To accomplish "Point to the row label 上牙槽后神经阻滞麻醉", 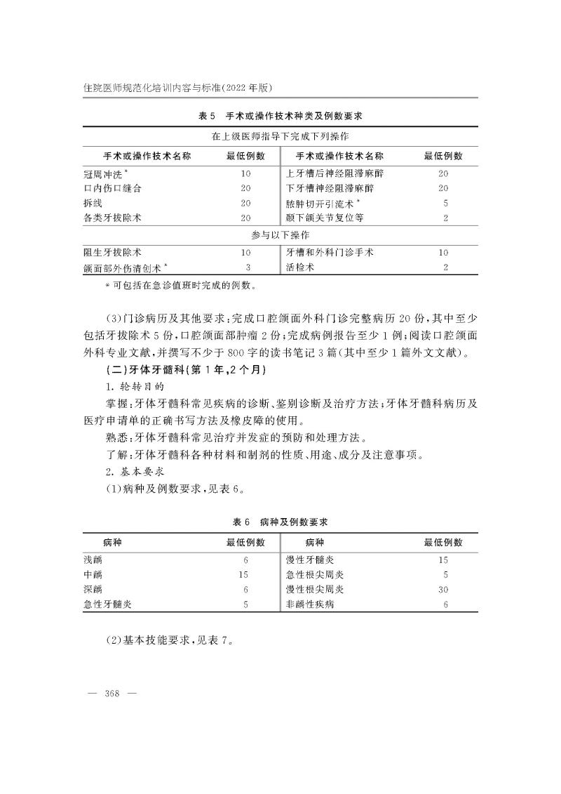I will click(335, 173).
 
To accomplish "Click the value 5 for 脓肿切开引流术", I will click(445, 204).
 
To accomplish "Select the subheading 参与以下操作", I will click(280, 234).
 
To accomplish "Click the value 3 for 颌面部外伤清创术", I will click(248, 267).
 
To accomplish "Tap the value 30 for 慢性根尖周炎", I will click(443, 590).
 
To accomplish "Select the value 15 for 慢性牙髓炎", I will click(443, 561).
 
